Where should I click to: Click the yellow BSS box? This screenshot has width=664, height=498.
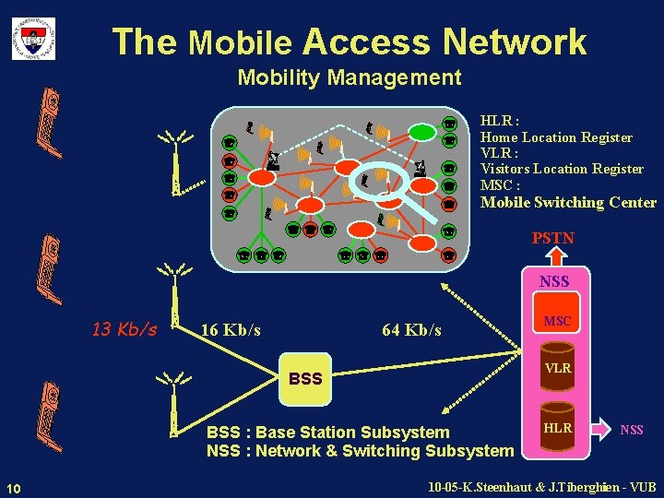click(x=305, y=379)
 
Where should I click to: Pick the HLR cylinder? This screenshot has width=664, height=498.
click(x=557, y=428)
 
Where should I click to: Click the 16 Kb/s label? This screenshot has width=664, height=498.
click(x=231, y=330)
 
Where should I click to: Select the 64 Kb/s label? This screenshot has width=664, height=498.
click(x=411, y=330)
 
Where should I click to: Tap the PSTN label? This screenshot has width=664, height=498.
click(x=552, y=238)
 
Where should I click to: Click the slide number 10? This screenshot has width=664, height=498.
click(x=13, y=487)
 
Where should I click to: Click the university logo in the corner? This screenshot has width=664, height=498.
click(x=33, y=39)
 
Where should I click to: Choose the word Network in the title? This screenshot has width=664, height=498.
click(x=514, y=41)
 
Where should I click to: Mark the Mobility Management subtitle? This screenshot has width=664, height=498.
click(x=350, y=77)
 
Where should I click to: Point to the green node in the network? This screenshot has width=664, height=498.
click(x=422, y=132)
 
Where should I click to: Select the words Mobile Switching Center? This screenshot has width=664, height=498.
click(x=568, y=203)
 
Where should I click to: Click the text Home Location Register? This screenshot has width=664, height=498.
click(x=556, y=137)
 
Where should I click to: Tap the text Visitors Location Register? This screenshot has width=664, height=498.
click(x=562, y=169)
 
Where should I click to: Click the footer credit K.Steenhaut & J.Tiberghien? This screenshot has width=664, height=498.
click(x=542, y=487)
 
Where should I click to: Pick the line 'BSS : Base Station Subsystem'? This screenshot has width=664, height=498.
click(x=328, y=433)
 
